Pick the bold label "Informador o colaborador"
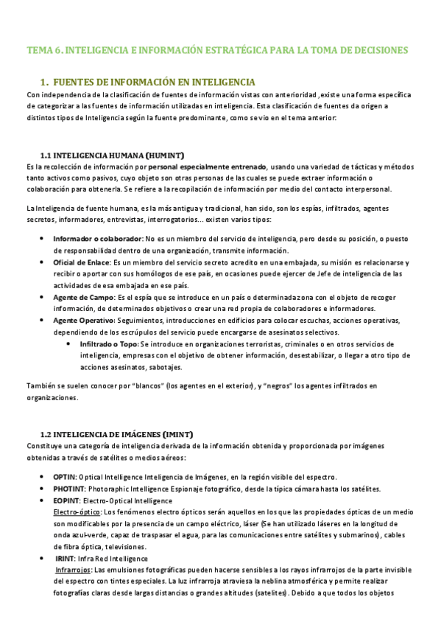point(97,239)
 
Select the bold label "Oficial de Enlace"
point(81,262)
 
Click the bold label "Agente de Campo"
point(81,297)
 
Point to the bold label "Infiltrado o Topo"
point(107,344)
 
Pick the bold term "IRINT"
point(65,559)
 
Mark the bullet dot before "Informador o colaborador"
point(40,239)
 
